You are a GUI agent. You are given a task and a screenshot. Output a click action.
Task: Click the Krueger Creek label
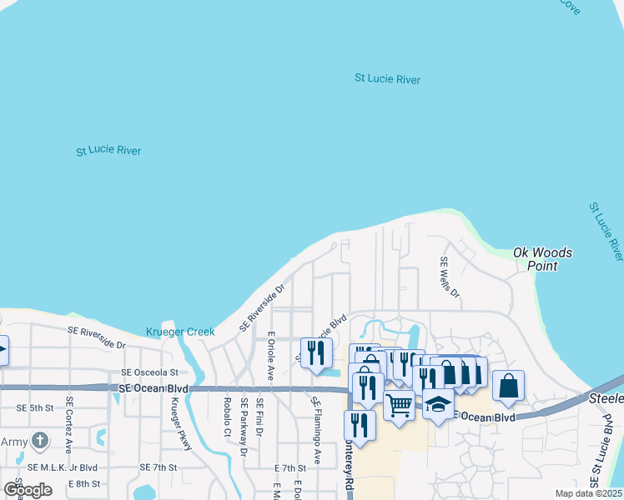[x=179, y=332]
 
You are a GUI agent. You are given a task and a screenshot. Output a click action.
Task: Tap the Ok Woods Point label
[x=542, y=258]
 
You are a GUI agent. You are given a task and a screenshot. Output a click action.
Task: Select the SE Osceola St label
[x=149, y=372]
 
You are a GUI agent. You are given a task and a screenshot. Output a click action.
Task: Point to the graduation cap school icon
[x=438, y=404]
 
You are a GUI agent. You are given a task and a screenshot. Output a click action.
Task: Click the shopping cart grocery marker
[x=400, y=405]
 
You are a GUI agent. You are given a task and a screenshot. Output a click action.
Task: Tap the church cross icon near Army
[x=38, y=440]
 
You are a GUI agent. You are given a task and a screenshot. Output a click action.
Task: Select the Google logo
[x=28, y=489]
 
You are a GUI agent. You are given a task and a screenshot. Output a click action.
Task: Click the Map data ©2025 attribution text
[x=588, y=493]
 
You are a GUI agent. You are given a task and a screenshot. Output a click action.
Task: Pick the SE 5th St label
[x=34, y=407]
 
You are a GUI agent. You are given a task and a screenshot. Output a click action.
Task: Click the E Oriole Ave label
[x=270, y=356]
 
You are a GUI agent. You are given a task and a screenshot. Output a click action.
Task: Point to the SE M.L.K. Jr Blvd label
[x=63, y=467]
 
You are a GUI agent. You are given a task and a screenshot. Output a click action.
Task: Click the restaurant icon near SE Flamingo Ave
[x=316, y=352]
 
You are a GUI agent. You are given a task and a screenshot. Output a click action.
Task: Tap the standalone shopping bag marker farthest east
[x=508, y=387]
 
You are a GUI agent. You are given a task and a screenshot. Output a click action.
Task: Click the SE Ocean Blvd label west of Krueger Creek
[x=153, y=389]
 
